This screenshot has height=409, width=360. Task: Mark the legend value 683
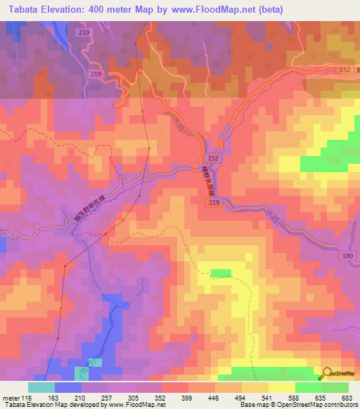pyautogui.click(x=347, y=397)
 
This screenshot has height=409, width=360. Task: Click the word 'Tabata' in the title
pyautogui.click(x=21, y=9)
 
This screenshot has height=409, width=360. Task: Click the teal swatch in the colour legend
pyautogui.click(x=41, y=387)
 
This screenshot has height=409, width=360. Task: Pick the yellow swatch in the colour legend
pyautogui.click(x=281, y=387)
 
